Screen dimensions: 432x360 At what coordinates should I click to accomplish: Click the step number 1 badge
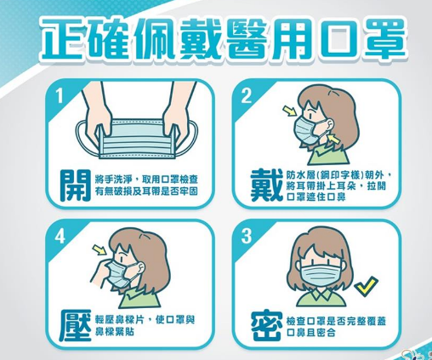[x=60, y=96]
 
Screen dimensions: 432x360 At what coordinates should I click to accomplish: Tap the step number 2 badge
[x=246, y=96]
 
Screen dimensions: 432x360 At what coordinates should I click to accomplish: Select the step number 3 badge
[x=246, y=236]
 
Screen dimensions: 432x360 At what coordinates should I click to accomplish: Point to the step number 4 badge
[x=60, y=236]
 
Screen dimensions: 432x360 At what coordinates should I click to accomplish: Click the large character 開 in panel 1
[x=76, y=186]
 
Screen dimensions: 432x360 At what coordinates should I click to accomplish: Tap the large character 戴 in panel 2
[x=266, y=186]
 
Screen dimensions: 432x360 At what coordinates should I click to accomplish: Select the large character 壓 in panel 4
[x=76, y=325]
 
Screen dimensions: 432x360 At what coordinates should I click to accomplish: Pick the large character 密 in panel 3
[x=266, y=326]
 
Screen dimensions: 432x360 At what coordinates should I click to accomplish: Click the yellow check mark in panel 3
[x=367, y=287]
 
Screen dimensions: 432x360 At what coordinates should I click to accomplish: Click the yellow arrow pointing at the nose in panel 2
[x=290, y=111]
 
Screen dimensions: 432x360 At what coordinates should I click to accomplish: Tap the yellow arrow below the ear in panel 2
[x=333, y=140]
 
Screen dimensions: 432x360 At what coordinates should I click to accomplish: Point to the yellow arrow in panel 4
[x=99, y=250]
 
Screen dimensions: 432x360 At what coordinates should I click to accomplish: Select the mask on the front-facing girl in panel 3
[x=319, y=273]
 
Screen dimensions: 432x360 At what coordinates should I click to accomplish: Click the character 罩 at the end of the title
[x=384, y=37]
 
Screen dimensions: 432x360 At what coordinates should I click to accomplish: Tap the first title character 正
[x=60, y=38]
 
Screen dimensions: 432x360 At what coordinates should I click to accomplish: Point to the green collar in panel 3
[x=321, y=296]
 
